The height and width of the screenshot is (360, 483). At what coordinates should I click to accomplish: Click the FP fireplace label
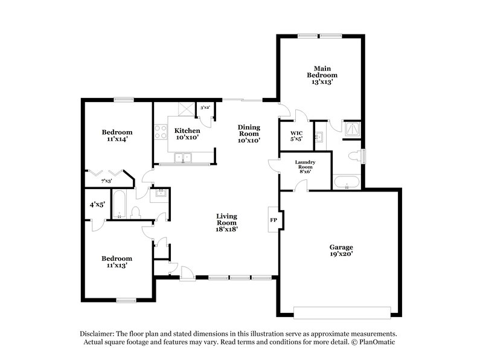[x=273, y=220]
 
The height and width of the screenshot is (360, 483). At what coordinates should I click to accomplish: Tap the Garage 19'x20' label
[x=341, y=251]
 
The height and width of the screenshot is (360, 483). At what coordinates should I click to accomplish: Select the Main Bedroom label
[x=321, y=75]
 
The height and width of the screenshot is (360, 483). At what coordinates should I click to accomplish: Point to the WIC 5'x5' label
[x=296, y=136]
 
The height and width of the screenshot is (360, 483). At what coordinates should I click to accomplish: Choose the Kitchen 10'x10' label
[x=187, y=134]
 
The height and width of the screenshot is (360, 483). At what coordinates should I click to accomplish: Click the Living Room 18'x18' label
[x=228, y=222]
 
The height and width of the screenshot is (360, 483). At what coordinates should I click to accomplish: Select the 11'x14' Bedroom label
[x=117, y=136]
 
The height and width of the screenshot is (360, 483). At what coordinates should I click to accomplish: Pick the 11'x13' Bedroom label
[x=117, y=262]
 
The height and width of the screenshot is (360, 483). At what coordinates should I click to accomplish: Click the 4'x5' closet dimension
[x=97, y=205]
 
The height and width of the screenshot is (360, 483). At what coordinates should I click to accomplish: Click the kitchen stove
[x=161, y=132]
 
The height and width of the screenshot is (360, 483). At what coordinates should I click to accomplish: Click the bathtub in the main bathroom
[x=346, y=182]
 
